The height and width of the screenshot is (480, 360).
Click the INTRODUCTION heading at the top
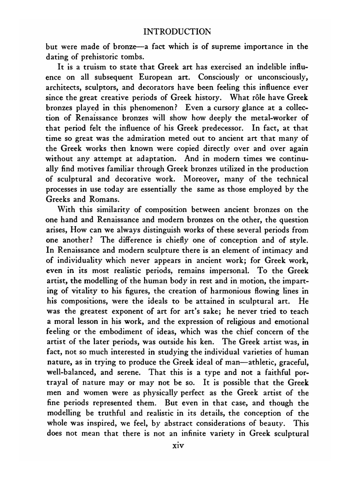[x=177, y=32]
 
